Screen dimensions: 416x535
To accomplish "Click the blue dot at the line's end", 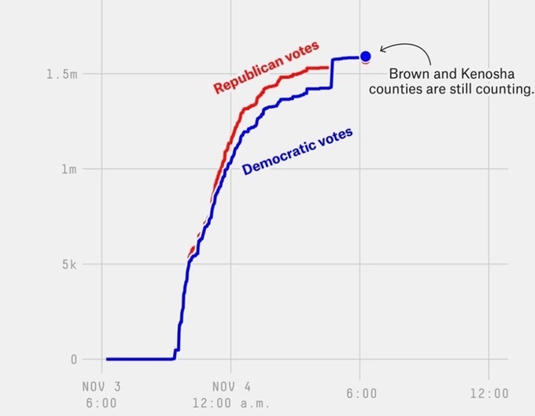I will (x=365, y=56).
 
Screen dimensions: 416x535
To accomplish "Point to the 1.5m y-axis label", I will (x=62, y=74).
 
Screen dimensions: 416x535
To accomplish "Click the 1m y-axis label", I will (x=68, y=169).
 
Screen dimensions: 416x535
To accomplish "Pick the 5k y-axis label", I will (x=68, y=264).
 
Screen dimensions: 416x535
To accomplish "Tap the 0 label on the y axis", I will (x=75, y=359).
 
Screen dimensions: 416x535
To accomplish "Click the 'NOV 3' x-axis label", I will (x=101, y=388).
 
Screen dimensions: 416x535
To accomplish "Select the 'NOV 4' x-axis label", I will (x=231, y=388).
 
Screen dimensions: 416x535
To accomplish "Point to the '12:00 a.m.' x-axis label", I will (x=231, y=403).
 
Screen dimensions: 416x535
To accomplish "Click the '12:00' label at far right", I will (x=489, y=393).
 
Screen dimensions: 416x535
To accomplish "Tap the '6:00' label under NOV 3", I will (x=101, y=403).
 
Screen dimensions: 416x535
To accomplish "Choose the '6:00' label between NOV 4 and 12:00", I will (x=360, y=393).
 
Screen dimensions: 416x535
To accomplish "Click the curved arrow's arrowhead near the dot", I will (x=380, y=50).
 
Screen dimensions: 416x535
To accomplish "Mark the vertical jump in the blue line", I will (x=332, y=73).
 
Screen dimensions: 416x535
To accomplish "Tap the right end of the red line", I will (x=328, y=68).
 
